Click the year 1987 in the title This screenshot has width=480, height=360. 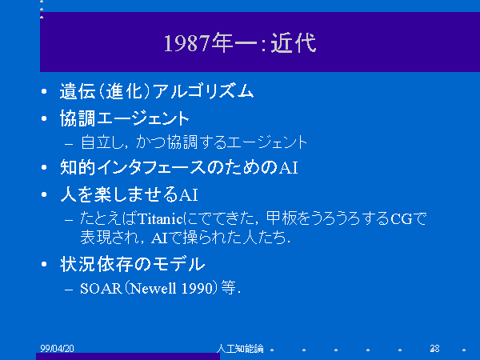(x=187, y=43)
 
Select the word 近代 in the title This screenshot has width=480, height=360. (x=294, y=43)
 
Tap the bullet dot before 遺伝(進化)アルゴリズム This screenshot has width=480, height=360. (x=44, y=91)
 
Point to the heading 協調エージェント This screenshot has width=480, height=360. (x=125, y=118)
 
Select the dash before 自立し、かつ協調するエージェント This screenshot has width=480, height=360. (x=69, y=143)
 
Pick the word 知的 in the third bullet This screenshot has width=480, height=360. (x=78, y=167)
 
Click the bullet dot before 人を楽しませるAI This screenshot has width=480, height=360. (x=44, y=194)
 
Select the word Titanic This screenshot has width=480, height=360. (x=161, y=219)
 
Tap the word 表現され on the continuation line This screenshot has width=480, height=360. (x=109, y=238)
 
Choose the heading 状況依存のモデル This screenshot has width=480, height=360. (x=132, y=264)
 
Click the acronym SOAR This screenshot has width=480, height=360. (x=101, y=288)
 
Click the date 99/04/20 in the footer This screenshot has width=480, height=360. (x=58, y=348)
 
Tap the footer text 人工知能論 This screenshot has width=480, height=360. (x=240, y=348)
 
